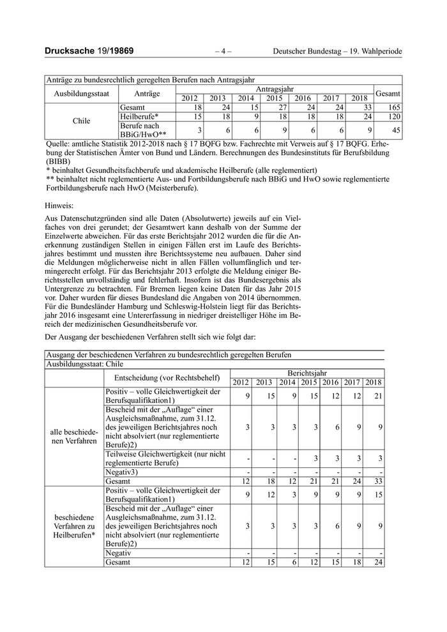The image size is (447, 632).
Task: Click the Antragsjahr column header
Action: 274,89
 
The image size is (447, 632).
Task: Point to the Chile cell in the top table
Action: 82,120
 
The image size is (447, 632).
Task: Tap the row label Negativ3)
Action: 122,471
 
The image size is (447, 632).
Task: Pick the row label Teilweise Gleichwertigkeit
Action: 165,458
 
